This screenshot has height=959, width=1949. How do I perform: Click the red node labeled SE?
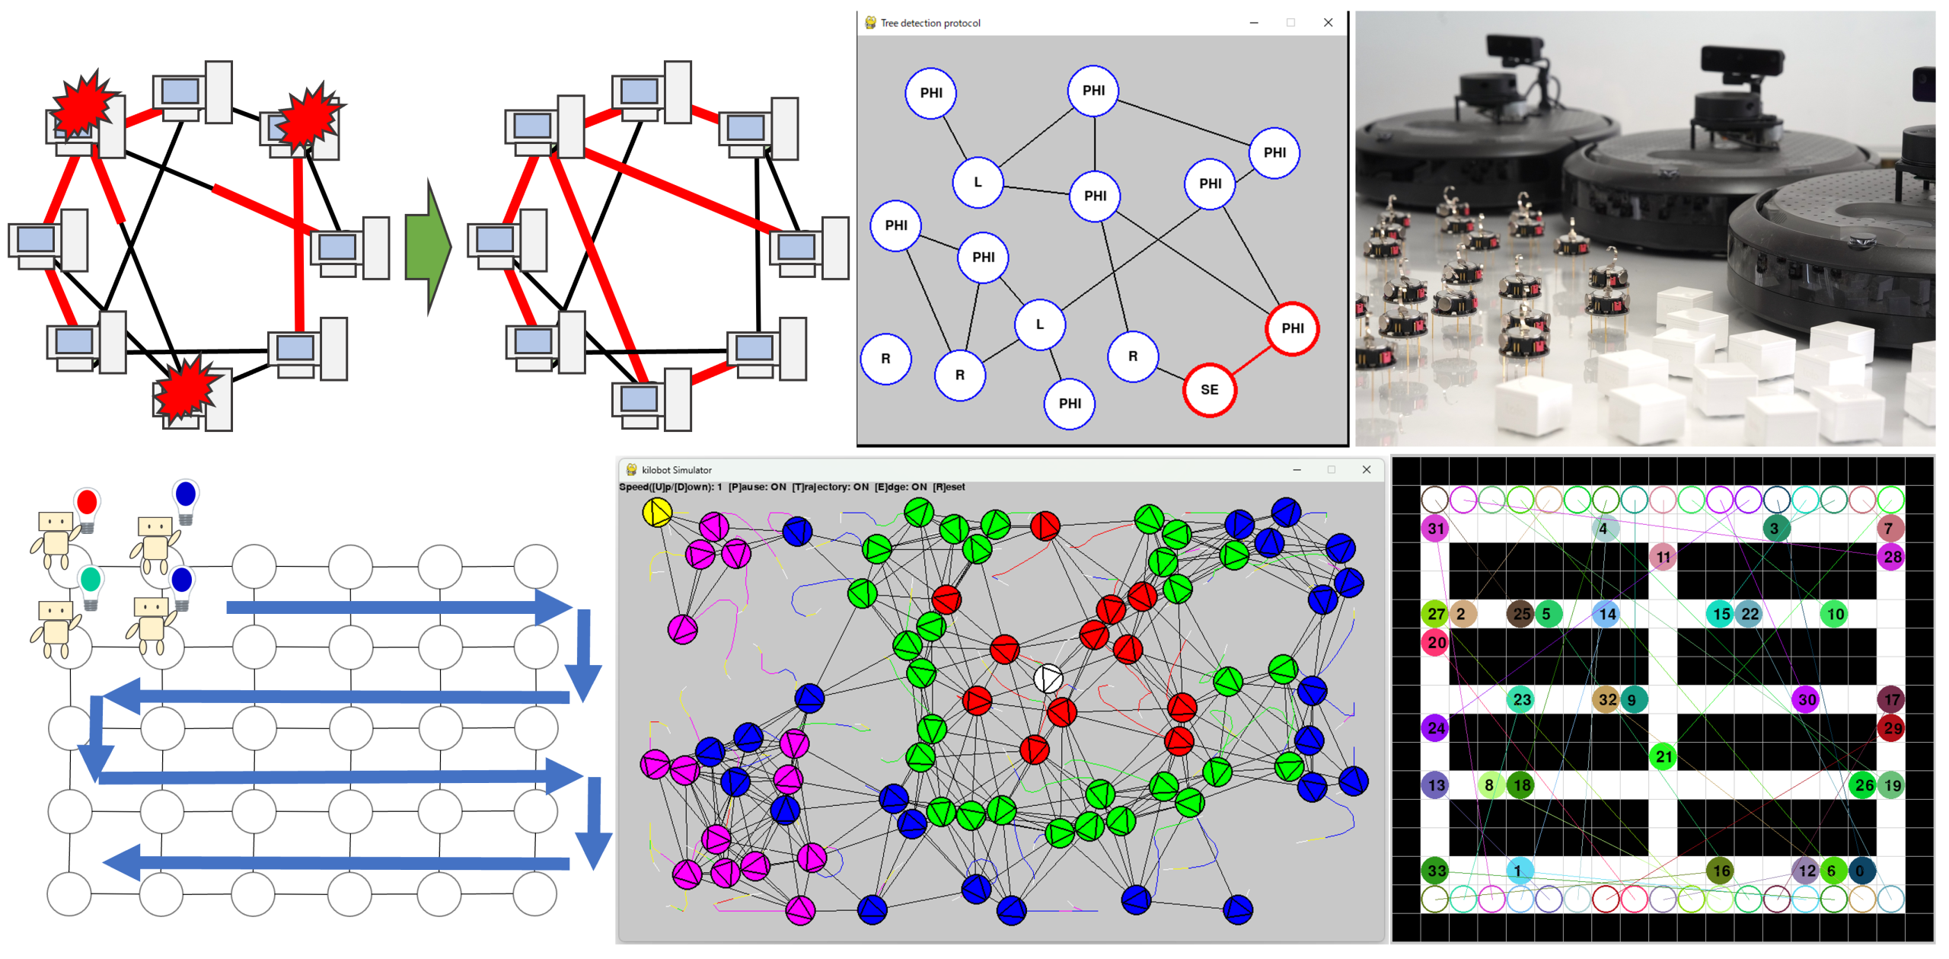[1209, 390]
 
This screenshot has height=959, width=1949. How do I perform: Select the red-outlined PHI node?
[1292, 328]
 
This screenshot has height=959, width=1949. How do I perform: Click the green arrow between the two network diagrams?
[429, 247]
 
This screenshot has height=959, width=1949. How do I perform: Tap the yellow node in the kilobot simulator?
[657, 513]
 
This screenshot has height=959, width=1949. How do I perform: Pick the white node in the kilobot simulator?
[1048, 678]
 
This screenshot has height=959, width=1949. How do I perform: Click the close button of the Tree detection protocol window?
[1328, 23]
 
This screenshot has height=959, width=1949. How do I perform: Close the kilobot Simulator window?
[1366, 470]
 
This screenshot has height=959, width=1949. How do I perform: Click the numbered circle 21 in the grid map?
[1664, 756]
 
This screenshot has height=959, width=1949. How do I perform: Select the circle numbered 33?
[1436, 871]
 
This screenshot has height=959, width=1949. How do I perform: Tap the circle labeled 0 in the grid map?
[1861, 871]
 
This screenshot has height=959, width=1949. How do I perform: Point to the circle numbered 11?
[1664, 557]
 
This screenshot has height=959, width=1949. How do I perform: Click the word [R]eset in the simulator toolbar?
[949, 487]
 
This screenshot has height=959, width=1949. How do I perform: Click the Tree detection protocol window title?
[930, 23]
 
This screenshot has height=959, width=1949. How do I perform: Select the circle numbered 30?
[1807, 699]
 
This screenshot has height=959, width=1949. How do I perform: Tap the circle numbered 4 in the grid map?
[1603, 529]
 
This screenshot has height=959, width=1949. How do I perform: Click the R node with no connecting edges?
[885, 359]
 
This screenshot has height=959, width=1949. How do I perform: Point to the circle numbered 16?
[1721, 871]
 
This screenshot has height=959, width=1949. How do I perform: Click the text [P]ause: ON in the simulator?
[757, 487]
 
